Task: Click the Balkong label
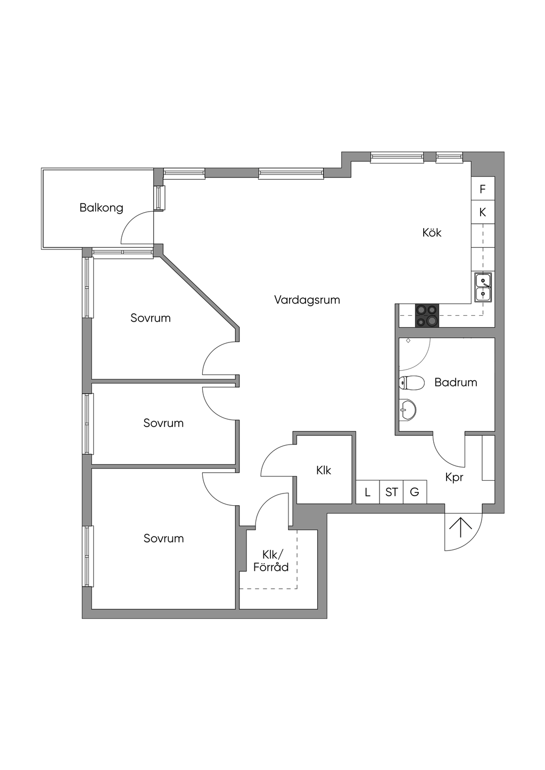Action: point(101,207)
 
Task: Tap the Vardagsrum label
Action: point(307,299)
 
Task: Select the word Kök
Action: point(432,232)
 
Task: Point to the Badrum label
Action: point(456,382)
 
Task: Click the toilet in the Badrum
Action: point(411,382)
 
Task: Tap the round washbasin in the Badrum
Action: point(408,409)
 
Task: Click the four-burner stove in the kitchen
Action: point(427,315)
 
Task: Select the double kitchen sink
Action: point(483,287)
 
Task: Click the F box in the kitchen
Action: point(483,189)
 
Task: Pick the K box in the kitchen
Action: point(483,212)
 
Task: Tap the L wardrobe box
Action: point(367,492)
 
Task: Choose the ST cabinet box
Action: point(391,492)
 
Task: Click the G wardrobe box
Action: point(415,492)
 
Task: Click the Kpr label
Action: point(454,478)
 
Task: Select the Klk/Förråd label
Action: point(271,561)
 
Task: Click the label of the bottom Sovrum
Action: point(163,538)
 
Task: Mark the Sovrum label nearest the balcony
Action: point(151,318)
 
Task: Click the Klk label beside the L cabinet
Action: point(324,470)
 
